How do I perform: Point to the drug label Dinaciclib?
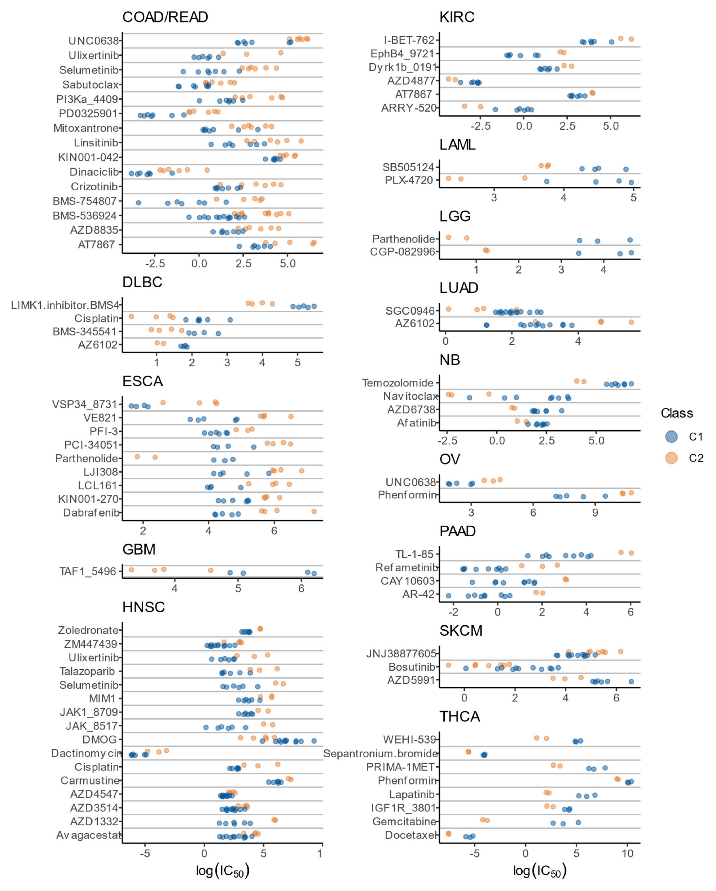[x=94, y=172]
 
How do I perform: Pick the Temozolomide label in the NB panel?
[x=397, y=383]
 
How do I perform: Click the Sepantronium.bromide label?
[x=380, y=753]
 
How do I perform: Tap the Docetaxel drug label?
[x=410, y=835]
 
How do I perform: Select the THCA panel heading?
[x=459, y=716]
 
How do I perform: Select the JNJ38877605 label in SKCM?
[x=401, y=653]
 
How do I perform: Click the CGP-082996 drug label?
[x=402, y=252]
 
